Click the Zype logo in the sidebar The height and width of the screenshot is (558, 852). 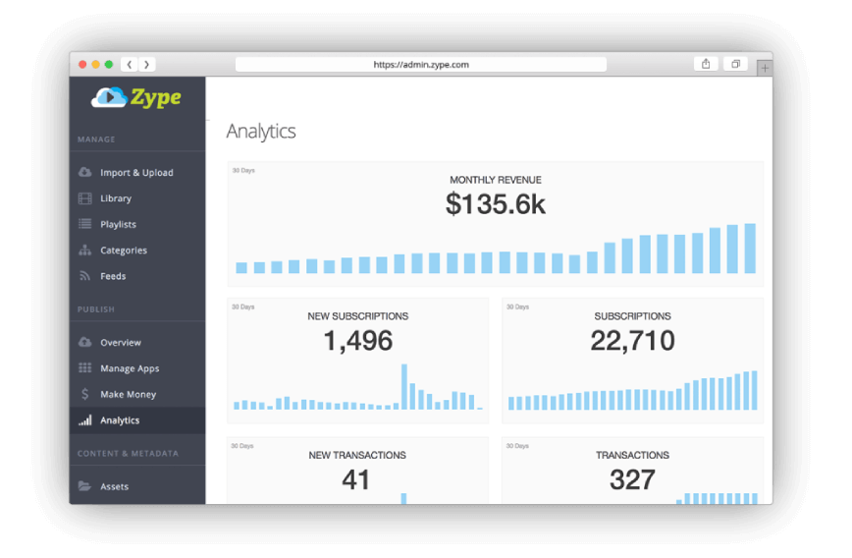tap(136, 97)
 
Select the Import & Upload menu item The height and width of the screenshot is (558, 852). tap(136, 173)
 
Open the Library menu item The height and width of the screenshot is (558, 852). tap(116, 198)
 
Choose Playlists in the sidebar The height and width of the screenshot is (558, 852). tap(118, 225)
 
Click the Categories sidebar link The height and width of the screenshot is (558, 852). tap(124, 251)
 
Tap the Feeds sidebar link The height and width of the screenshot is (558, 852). tap(113, 276)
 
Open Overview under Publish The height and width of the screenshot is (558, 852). tap(121, 343)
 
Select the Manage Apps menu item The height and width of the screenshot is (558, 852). tap(130, 368)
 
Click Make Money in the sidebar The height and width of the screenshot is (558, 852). tap(128, 395)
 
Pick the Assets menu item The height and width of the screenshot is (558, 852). tap(114, 486)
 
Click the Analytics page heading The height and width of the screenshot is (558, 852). tap(261, 132)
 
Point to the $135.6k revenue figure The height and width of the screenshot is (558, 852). tap(496, 204)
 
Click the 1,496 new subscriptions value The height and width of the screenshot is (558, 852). tap(358, 341)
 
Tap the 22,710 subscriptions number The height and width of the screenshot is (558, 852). tap(632, 341)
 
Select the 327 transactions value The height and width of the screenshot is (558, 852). tap(632, 479)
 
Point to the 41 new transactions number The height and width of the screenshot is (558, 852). tap(356, 479)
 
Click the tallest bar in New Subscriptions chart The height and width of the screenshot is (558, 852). tap(403, 387)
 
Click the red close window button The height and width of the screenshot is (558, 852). tap(82, 65)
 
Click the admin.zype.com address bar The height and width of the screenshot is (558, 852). tap(421, 65)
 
